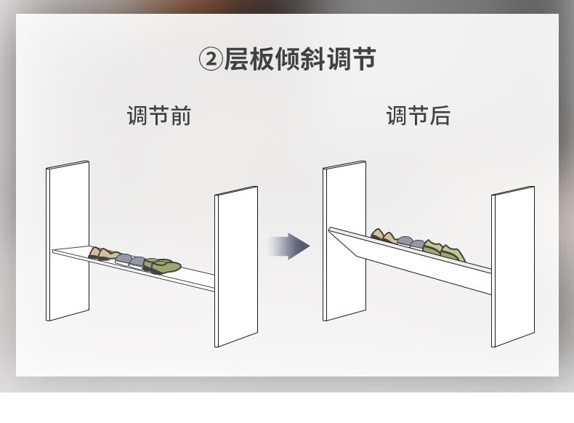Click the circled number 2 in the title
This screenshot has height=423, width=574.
pos(210,60)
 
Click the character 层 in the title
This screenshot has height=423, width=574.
pos(238,59)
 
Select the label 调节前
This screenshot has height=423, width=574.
pos(158,116)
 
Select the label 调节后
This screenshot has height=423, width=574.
pos(418,116)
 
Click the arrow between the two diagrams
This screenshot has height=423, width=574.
pos(288,246)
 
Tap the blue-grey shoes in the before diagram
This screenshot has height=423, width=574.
pos(131,259)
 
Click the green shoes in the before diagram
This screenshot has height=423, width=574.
pos(163,265)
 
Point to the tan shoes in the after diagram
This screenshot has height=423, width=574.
pos(382,237)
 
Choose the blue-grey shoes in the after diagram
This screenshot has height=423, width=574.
pos(411,243)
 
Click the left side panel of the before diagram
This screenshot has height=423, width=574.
pos(68,240)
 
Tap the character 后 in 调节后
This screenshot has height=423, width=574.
pos(440,116)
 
